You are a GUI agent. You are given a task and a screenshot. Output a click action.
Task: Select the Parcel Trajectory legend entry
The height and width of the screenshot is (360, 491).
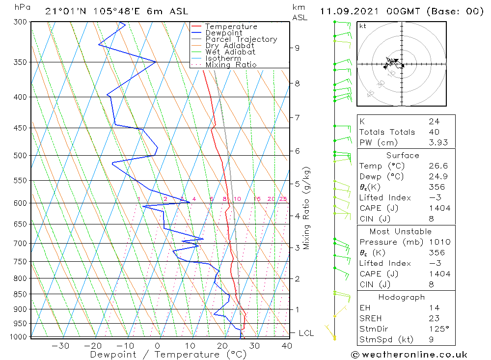pos(241,39)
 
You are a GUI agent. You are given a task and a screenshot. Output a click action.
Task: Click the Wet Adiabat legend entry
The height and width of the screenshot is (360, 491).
pos(230,52)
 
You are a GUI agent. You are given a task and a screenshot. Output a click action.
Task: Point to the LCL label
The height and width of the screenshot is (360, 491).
pos(306,333)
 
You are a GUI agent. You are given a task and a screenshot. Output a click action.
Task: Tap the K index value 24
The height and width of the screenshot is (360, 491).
pos(434,121)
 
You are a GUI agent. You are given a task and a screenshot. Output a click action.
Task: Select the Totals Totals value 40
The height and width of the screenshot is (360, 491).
pos(434,132)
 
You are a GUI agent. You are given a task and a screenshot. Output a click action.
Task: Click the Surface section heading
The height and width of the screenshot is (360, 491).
pos(403,156)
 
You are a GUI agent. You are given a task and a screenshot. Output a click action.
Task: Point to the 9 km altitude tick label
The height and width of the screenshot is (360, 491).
pos(297,48)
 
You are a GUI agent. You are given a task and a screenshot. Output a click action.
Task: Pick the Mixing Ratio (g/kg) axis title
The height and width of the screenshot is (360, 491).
pos(306,208)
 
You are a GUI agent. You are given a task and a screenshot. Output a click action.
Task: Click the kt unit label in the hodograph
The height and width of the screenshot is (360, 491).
pos(362,26)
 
